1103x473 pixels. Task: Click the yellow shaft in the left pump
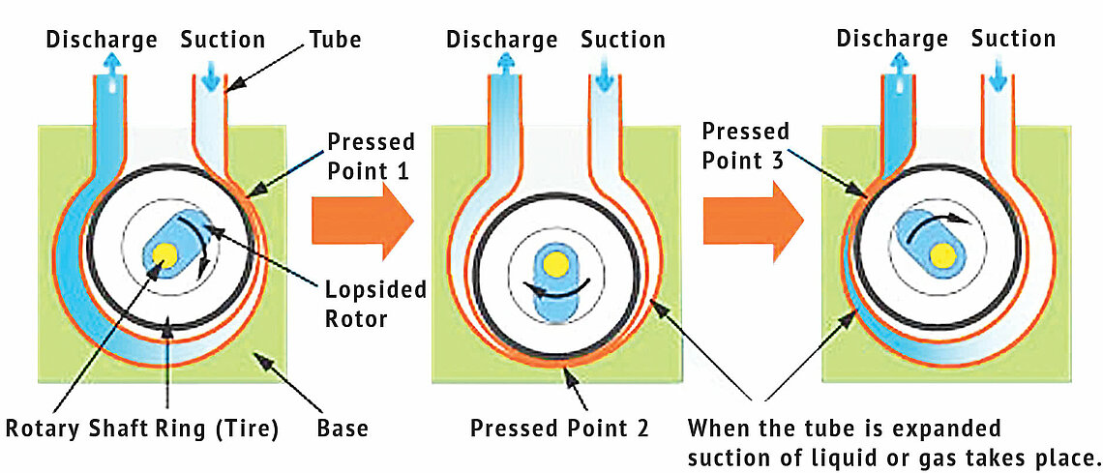click(x=165, y=254)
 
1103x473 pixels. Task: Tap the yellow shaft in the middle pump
click(x=554, y=263)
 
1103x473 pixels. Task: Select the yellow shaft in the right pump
click(x=941, y=254)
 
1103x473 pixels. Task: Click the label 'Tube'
click(x=335, y=40)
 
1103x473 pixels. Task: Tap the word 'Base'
click(x=343, y=427)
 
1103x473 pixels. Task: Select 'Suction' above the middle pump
click(x=623, y=40)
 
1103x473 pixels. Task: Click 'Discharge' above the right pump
click(x=892, y=40)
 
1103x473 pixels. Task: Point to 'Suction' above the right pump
click(x=1013, y=40)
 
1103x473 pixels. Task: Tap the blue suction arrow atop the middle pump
click(x=601, y=69)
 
